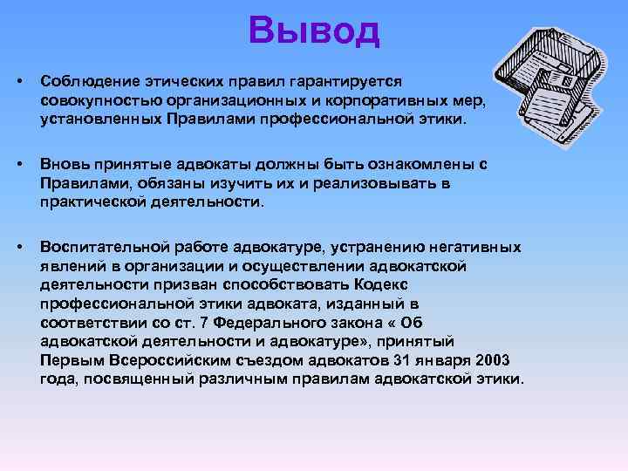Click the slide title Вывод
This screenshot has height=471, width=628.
(x=314, y=31)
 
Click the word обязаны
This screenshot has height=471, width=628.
(x=145, y=183)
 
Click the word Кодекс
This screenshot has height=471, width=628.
(x=381, y=283)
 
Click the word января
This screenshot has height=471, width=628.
(x=440, y=360)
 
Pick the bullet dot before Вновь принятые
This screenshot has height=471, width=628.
(x=19, y=163)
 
